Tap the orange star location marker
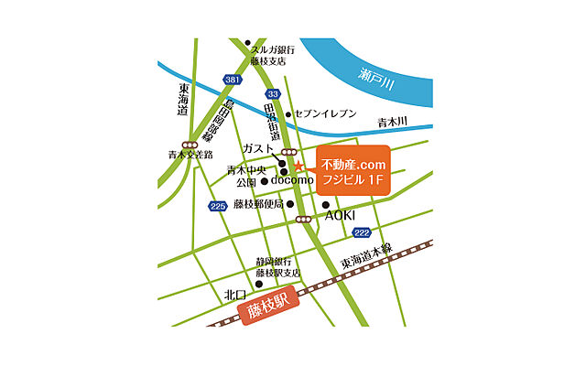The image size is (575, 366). tap(298, 166)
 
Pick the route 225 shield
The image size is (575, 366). tap(217, 206)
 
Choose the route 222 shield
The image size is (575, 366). tap(363, 232)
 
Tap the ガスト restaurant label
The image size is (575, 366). tap(259, 146)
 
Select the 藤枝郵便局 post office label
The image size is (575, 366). tap(257, 204)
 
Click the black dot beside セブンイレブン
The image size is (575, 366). tap(288, 114)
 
